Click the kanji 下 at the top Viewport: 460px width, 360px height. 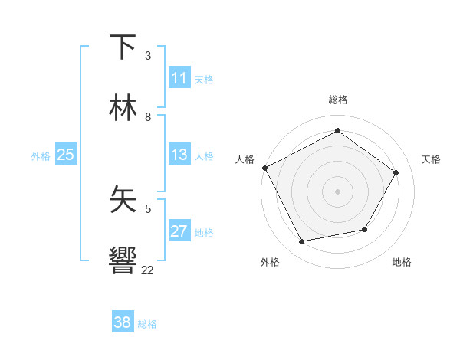pyautogui.click(x=123, y=47)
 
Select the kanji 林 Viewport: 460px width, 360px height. pyautogui.click(x=123, y=109)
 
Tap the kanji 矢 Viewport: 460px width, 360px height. pyautogui.click(x=123, y=201)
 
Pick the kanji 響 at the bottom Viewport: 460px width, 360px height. pyautogui.click(x=123, y=261)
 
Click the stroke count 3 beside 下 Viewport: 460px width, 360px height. pyautogui.click(x=148, y=56)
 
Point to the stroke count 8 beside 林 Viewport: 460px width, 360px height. pyautogui.click(x=148, y=117)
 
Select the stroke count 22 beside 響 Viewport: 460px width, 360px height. pyautogui.click(x=148, y=270)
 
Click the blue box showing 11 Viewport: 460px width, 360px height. pyautogui.click(x=179, y=78)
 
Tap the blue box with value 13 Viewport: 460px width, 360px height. pyautogui.click(x=179, y=155)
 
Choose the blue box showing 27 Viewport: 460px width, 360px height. pyautogui.click(x=179, y=231)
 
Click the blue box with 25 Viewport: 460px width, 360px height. pyautogui.click(x=65, y=155)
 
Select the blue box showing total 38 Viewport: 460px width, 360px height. pyautogui.click(x=123, y=322)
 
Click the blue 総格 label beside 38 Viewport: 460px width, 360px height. pyautogui.click(x=147, y=324)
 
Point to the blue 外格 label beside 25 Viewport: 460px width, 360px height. pyautogui.click(x=41, y=156)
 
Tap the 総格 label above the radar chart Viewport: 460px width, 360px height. pyautogui.click(x=338, y=100)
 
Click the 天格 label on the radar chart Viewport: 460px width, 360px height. pyautogui.click(x=431, y=159)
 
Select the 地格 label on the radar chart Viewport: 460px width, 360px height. pyautogui.click(x=402, y=262)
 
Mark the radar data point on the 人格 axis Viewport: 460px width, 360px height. pyautogui.click(x=264, y=168)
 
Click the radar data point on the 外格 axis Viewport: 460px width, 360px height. pyautogui.click(x=301, y=242)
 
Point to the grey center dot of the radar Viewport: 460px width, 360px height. pyautogui.click(x=338, y=191)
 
